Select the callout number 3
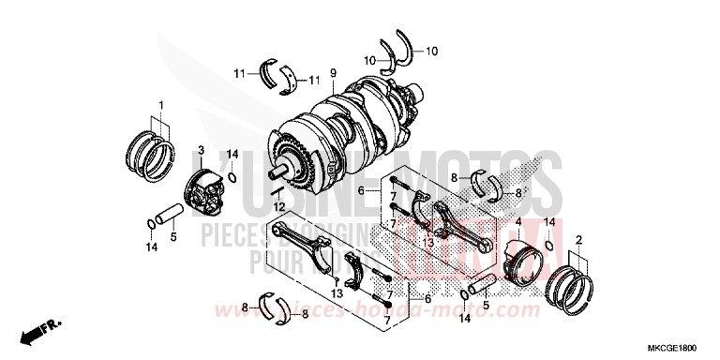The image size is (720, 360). (x=200, y=150)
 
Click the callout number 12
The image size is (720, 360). (x=278, y=206)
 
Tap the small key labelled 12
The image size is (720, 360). (x=277, y=191)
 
